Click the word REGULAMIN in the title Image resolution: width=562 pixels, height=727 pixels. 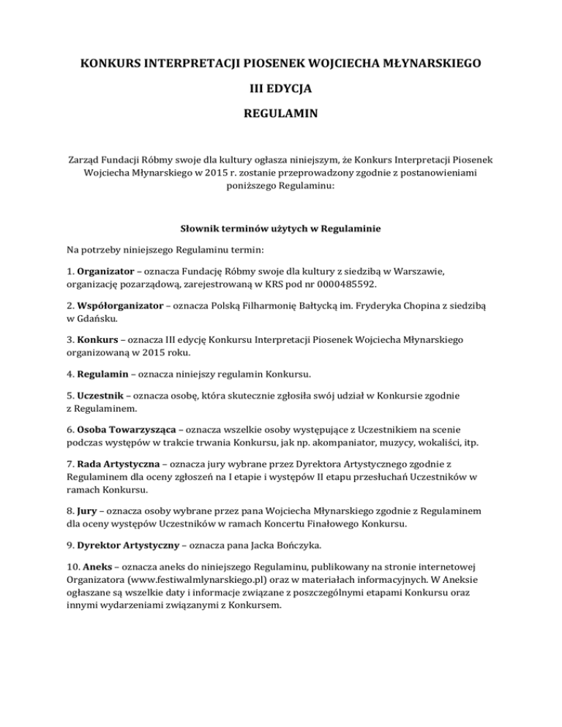[281, 116]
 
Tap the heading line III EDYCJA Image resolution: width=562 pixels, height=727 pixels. [281, 90]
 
